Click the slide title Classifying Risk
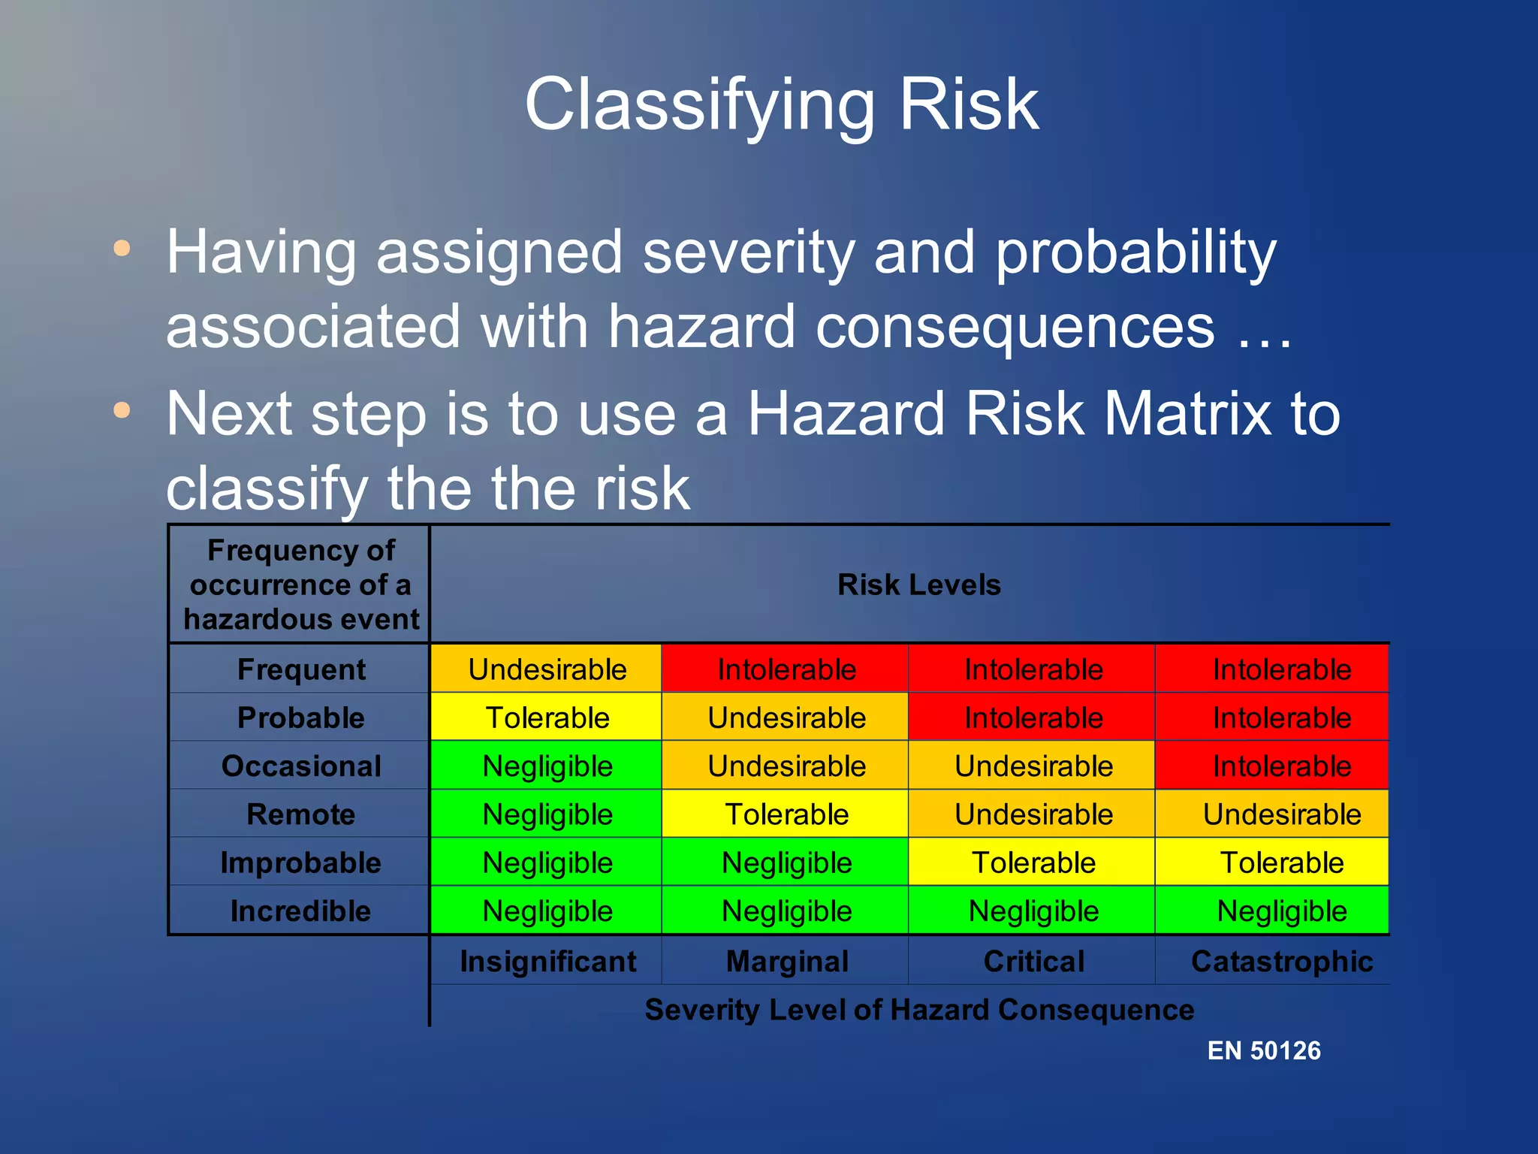pyautogui.click(x=781, y=105)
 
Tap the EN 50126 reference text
pyautogui.click(x=1263, y=1050)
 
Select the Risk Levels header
pyautogui.click(x=918, y=585)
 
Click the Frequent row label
pyautogui.click(x=301, y=669)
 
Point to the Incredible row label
pyautogui.click(x=300, y=911)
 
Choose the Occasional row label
pyautogui.click(x=301, y=766)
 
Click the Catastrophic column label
pyautogui.click(x=1281, y=962)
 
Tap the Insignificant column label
pyautogui.click(x=547, y=962)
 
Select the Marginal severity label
pyautogui.click(x=786, y=962)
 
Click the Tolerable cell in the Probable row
pyautogui.click(x=547, y=717)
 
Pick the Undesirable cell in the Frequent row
pyautogui.click(x=547, y=669)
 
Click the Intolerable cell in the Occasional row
pyautogui.click(x=1281, y=766)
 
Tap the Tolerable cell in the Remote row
pyautogui.click(x=786, y=814)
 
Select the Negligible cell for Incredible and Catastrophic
pyautogui.click(x=1281, y=911)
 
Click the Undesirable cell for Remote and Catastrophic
pyautogui.click(x=1281, y=814)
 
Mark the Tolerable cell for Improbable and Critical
pyautogui.click(x=1033, y=862)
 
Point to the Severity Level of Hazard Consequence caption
pyautogui.click(x=918, y=1010)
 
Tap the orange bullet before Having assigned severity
pyautogui.click(x=122, y=248)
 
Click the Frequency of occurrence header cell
pyautogui.click(x=300, y=585)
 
